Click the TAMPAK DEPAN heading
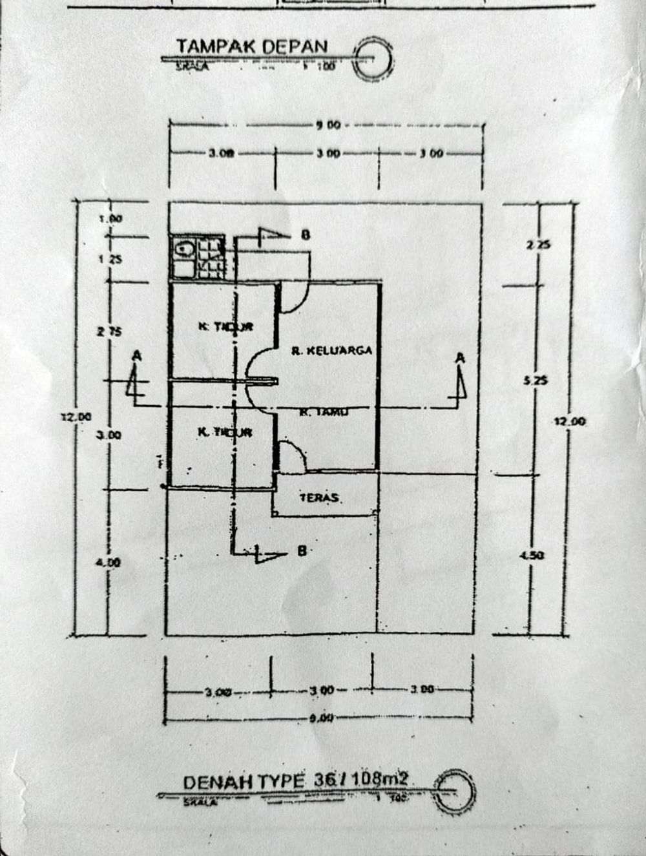[x=252, y=47]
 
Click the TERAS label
[x=320, y=498]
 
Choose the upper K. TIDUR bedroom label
[x=225, y=326]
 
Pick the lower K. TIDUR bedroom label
[x=225, y=432]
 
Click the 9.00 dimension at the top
[x=328, y=125]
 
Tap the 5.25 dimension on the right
[x=536, y=381]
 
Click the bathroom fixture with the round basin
[x=183, y=248]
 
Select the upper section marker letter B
[x=305, y=235]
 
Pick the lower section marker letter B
[x=300, y=551]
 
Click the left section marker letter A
[x=136, y=356]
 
